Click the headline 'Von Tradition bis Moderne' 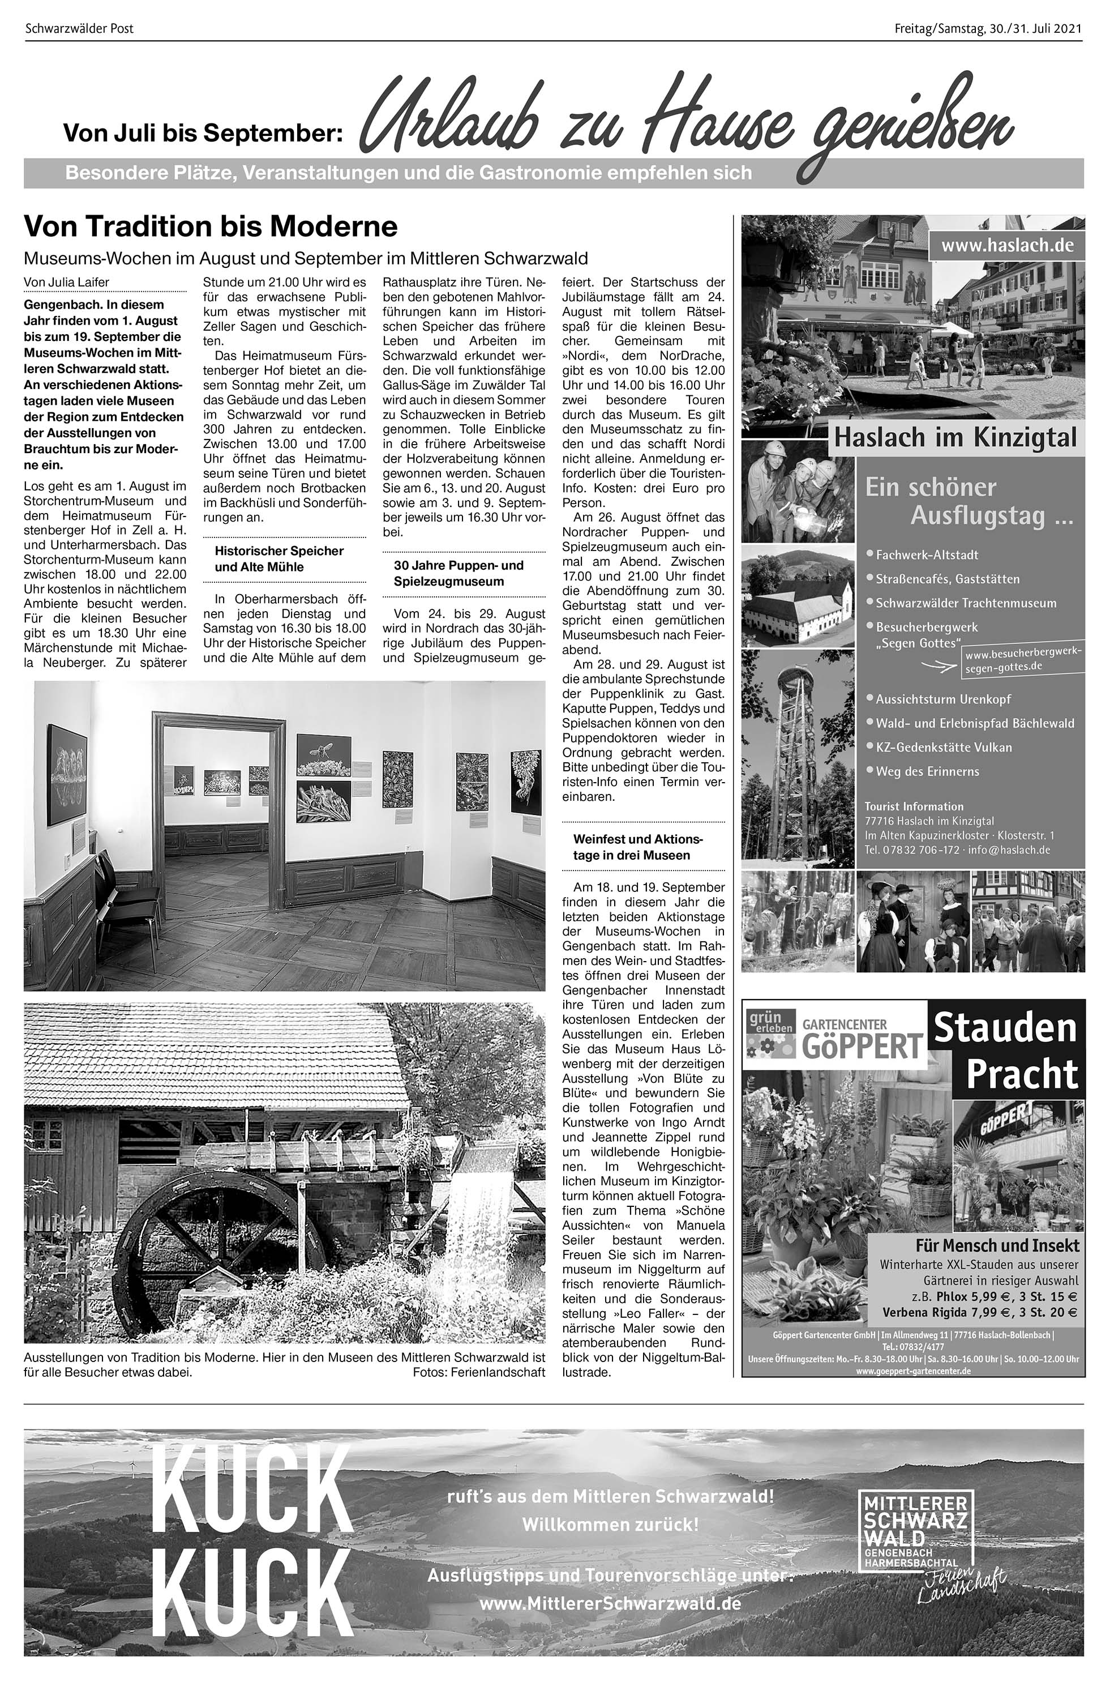tap(211, 227)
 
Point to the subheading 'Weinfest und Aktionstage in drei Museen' tap(638, 847)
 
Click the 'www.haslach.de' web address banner tap(1006, 246)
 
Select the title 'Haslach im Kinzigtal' tap(955, 437)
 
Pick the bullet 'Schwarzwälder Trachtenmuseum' tap(966, 603)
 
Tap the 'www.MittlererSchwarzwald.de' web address tap(610, 1603)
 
